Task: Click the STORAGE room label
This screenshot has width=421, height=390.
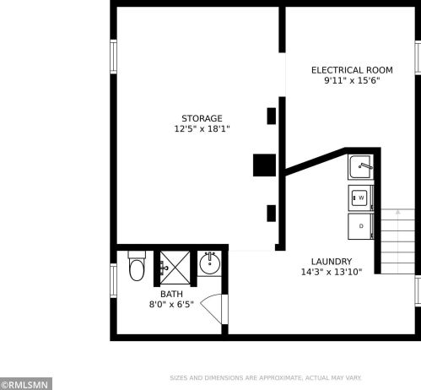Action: pos(202,118)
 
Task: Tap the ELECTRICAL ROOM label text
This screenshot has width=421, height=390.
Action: pos(352,70)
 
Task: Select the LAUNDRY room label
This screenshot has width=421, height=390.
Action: pos(332,262)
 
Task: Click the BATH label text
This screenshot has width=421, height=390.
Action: pos(171,294)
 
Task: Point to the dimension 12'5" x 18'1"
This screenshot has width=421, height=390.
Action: pos(202,129)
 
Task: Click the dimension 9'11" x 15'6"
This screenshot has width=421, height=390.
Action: pos(352,80)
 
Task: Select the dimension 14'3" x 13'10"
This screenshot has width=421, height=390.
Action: pos(332,272)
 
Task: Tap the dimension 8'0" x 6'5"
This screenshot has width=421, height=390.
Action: pos(171,304)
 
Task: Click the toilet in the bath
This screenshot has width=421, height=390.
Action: pos(137,266)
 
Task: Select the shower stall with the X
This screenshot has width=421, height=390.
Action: pos(175,268)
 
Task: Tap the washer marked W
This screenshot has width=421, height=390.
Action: pos(360,198)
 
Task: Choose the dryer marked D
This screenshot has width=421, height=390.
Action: pos(360,226)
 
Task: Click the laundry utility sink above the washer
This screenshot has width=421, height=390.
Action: pos(360,167)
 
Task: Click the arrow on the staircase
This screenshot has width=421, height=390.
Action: pos(398,212)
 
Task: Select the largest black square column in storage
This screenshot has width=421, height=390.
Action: pos(264,165)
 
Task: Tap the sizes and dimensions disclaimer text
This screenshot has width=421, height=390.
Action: pos(266,378)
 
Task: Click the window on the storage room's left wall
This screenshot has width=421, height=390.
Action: pos(113,57)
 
